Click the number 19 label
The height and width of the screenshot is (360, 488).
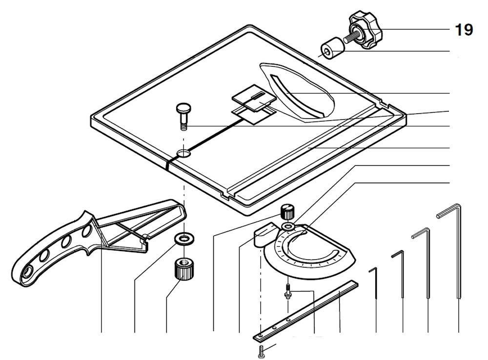[x=464, y=30]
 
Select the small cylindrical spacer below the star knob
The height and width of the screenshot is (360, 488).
[x=330, y=49]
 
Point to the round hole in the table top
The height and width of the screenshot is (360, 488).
[x=184, y=154]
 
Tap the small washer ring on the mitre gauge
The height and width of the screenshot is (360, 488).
[x=288, y=227]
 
